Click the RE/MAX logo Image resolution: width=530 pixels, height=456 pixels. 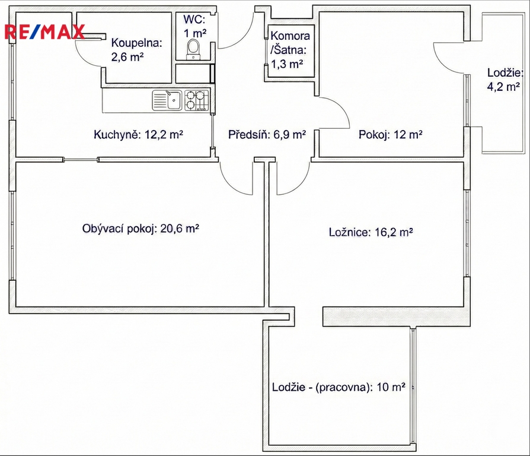(44, 32)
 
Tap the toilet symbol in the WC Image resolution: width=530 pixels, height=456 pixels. (194, 49)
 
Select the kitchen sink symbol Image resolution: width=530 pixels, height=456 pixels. (167, 100)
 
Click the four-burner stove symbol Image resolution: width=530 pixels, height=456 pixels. (196, 100)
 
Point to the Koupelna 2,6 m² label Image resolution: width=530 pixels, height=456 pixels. (137, 50)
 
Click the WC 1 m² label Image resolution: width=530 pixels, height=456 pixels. (194, 26)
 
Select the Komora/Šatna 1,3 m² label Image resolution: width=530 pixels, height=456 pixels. (290, 50)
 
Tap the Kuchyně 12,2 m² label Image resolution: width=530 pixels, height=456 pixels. (138, 135)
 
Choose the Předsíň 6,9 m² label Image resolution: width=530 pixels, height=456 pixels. (267, 135)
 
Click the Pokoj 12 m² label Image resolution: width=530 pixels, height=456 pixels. (391, 135)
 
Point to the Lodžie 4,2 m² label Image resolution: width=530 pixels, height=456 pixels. (505, 80)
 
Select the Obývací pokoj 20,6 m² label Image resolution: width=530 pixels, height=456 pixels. (141, 229)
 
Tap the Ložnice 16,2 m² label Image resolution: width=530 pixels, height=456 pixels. (371, 232)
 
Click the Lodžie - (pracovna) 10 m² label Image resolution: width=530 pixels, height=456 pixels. (339, 387)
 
